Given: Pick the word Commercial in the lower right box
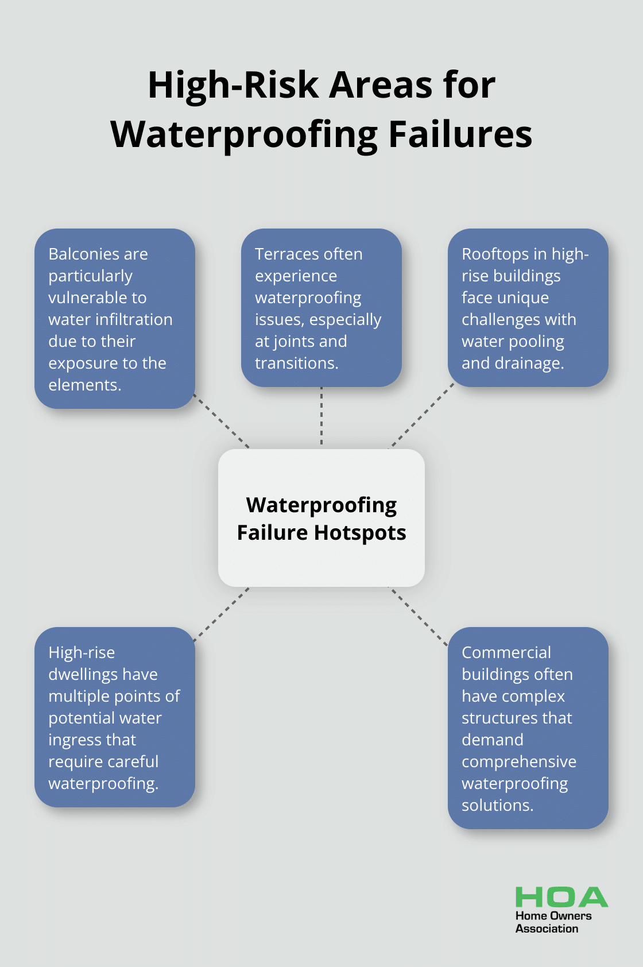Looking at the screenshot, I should pyautogui.click(x=506, y=652).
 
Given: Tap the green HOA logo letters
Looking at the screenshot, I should pyautogui.click(x=561, y=897).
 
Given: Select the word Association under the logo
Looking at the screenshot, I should pyautogui.click(x=547, y=929).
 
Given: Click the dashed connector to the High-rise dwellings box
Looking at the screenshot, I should pyautogui.click(x=222, y=614).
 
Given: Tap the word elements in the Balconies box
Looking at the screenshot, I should pyautogui.click(x=84, y=385).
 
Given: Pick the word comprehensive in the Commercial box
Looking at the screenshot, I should pyautogui.click(x=518, y=762).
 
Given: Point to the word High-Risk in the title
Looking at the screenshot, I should pyautogui.click(x=233, y=85).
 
